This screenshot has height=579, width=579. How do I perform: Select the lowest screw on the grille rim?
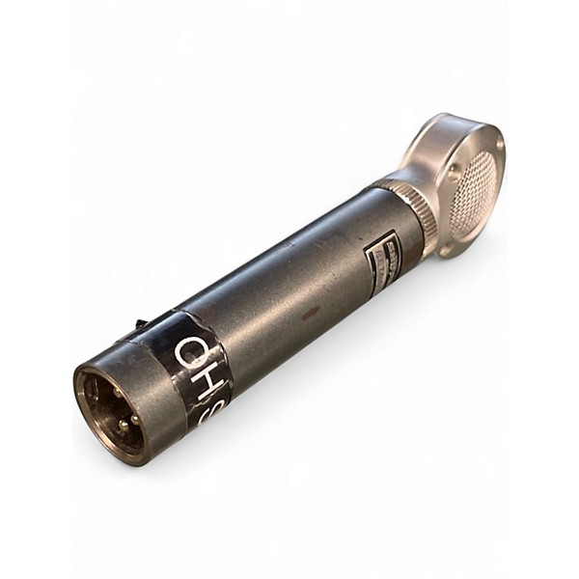click(x=446, y=249)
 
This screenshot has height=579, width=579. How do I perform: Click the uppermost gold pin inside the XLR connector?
click(x=117, y=391)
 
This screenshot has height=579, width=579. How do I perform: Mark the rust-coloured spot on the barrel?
click(x=309, y=314)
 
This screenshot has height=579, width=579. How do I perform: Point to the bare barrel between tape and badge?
click(x=289, y=289)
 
